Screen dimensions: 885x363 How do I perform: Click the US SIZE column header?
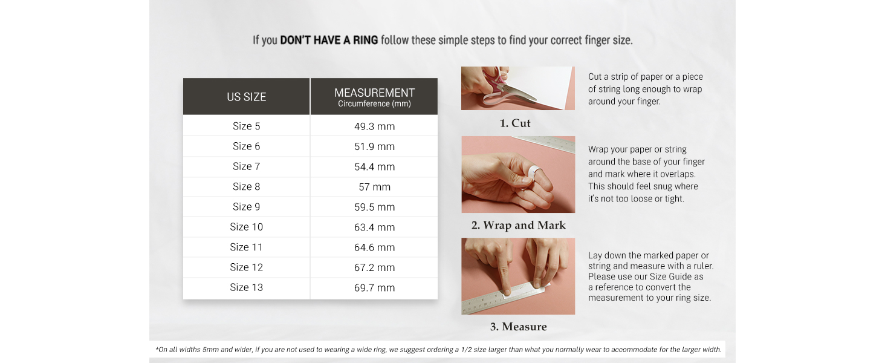(246, 97)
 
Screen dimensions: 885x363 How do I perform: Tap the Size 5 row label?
(246, 126)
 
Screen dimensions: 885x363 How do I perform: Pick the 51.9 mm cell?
(375, 146)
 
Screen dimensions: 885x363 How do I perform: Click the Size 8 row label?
(246, 186)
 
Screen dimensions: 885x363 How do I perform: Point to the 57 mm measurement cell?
(375, 187)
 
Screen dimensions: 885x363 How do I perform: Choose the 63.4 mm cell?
(375, 227)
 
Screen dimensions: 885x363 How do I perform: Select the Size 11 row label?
(246, 247)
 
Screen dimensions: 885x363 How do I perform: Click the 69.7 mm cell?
(375, 288)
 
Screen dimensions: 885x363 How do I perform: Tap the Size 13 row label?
(246, 287)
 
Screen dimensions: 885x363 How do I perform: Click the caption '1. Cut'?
(515, 123)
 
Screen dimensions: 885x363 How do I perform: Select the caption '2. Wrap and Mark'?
(518, 226)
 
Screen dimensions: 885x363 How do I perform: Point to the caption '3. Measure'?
(518, 327)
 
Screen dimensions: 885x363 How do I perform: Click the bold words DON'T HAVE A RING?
(329, 41)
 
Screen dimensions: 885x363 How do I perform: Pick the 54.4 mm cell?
(375, 167)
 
